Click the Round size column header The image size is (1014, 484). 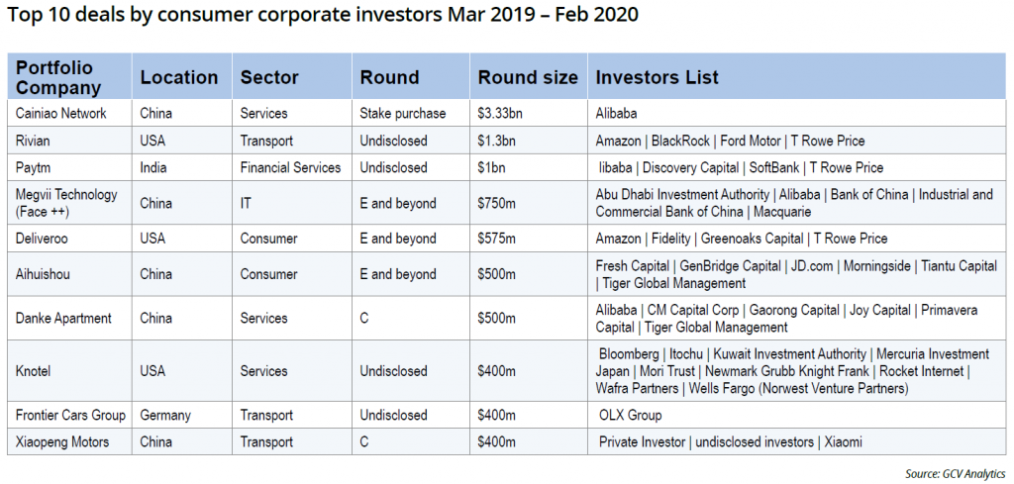[528, 77]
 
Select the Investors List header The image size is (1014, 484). [658, 77]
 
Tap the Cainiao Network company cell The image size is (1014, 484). [60, 113]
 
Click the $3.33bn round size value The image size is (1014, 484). [500, 113]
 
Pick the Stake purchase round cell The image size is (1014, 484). [403, 113]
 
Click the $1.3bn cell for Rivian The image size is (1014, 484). [496, 141]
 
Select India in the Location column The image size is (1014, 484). [153, 167]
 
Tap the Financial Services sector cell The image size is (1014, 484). [290, 167]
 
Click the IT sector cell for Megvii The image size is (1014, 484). [246, 203]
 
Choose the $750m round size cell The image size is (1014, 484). [497, 203]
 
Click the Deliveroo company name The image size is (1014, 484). [42, 239]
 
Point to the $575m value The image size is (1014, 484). [497, 239]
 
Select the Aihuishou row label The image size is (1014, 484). [43, 274]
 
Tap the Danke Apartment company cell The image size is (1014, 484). [63, 318]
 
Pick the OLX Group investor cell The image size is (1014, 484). [631, 415]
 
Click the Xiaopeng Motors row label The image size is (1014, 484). [62, 442]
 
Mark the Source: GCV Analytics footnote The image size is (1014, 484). [956, 474]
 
